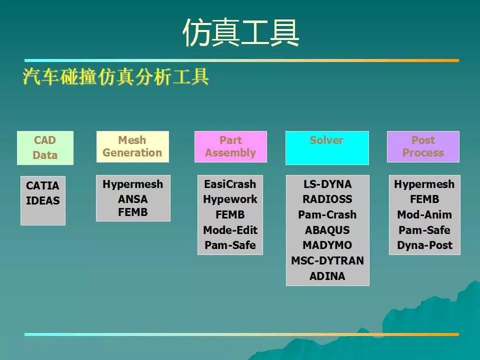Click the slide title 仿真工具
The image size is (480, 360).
click(240, 32)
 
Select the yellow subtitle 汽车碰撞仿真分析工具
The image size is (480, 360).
click(115, 76)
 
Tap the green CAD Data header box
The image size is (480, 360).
click(45, 148)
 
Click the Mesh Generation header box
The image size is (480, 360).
click(132, 146)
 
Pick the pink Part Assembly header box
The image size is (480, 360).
click(230, 146)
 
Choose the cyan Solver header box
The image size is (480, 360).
click(327, 148)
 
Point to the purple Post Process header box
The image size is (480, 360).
click(423, 146)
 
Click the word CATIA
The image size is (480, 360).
click(42, 185)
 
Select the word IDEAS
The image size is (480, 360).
click(43, 200)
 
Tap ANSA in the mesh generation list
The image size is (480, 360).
click(133, 199)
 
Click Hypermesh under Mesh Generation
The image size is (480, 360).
click(133, 184)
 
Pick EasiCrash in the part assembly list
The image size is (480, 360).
click(230, 184)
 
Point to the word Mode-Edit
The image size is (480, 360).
click(230, 230)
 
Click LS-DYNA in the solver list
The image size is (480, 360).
click(327, 184)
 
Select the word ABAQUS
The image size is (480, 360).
click(327, 230)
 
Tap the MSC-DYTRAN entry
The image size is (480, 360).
click(327, 261)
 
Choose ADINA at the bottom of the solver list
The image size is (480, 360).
click(327, 276)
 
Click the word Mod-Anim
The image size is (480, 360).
click(424, 214)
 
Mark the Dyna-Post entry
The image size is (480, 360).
click(424, 245)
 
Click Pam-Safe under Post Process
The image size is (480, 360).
click(424, 230)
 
